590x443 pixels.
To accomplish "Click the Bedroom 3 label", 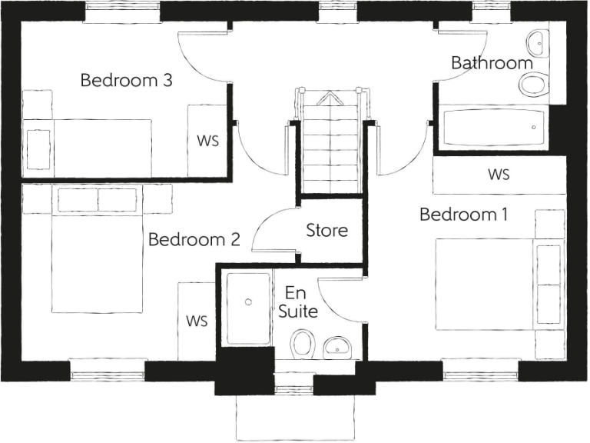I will coord(126,80).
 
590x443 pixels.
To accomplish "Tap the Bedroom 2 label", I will coord(194,240).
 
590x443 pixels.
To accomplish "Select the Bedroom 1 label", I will coord(464,215).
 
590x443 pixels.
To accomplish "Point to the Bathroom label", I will coord(492,63).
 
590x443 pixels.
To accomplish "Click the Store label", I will coord(326,230).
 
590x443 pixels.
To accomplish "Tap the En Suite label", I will coord(298,302).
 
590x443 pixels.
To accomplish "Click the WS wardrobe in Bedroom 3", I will coord(207,141).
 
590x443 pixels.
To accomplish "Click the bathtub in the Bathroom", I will coord(492,128).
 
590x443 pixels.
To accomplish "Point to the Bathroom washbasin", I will coord(535,42).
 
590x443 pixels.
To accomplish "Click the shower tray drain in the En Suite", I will coord(248,302).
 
